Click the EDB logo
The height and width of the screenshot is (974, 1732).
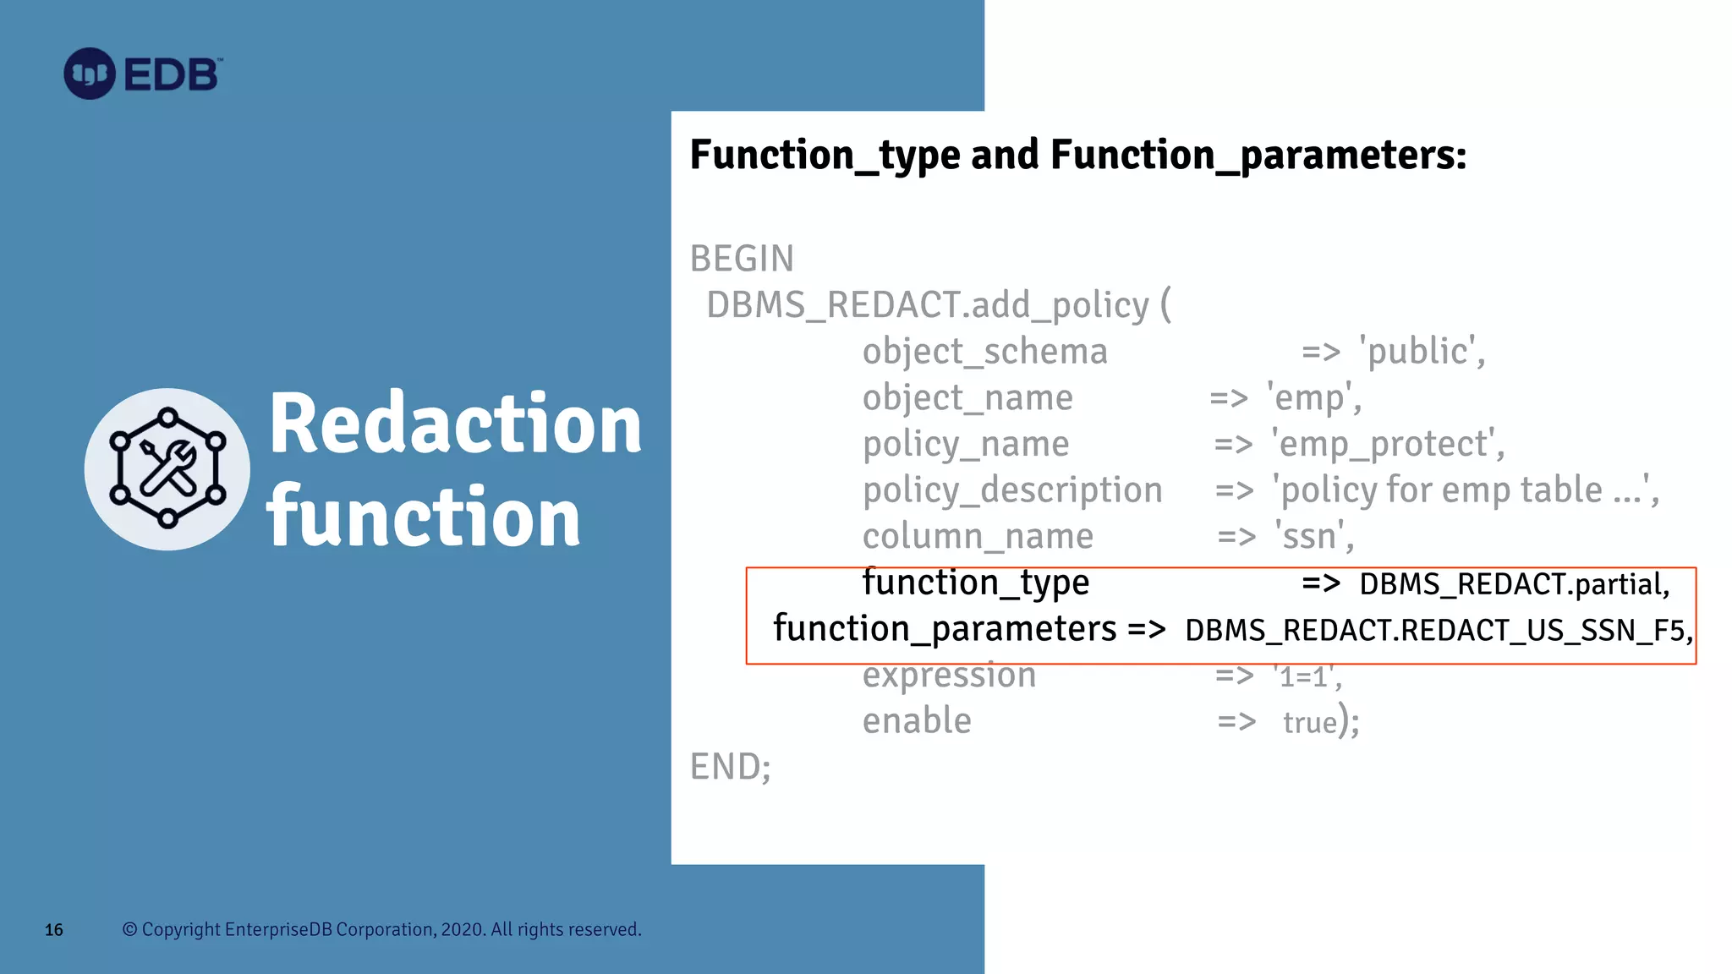coord(143,74)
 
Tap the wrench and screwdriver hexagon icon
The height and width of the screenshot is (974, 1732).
coord(167,469)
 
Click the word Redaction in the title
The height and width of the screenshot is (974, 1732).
coord(455,424)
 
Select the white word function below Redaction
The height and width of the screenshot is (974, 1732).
coord(423,517)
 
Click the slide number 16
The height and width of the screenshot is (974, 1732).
coord(54,930)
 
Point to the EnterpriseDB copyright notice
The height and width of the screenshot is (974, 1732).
coord(381,929)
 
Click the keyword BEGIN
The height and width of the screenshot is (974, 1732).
coord(742,259)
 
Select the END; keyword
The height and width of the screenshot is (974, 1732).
coord(730,767)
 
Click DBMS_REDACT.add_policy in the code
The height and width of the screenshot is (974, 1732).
coord(928,305)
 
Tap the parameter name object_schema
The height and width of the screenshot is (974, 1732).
coord(984,352)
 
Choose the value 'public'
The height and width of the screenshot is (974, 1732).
coord(1422,352)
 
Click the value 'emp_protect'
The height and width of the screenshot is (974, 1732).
coord(1388,445)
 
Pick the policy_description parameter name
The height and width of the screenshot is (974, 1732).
coord(1011,490)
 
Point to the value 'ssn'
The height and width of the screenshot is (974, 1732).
coord(1314,537)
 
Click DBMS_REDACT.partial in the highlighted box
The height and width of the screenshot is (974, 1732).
coord(1514,584)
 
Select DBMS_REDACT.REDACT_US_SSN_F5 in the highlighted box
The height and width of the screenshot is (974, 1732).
coord(1438,631)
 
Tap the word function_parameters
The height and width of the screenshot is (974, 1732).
coord(944,629)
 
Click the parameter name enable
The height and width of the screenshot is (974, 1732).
coord(917,721)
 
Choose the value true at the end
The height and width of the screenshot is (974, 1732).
coord(1309,723)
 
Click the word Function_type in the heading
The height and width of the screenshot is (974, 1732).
coord(825,156)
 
